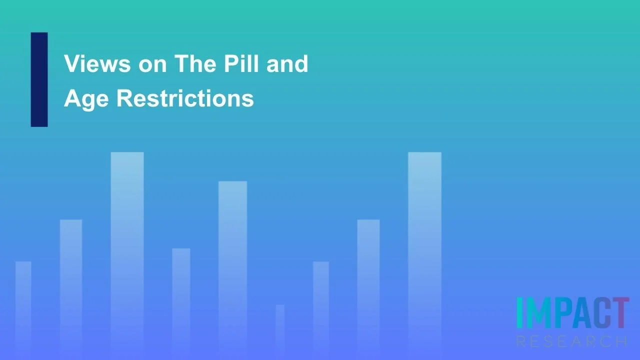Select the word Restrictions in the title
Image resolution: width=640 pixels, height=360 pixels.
tap(185, 98)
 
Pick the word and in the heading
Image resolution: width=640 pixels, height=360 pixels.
tap(287, 64)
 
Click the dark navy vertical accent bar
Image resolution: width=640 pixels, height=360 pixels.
tap(39, 79)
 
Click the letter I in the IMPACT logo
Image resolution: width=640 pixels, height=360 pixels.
tap(519, 313)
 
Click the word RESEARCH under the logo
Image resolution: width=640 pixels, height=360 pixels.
tap(572, 342)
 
